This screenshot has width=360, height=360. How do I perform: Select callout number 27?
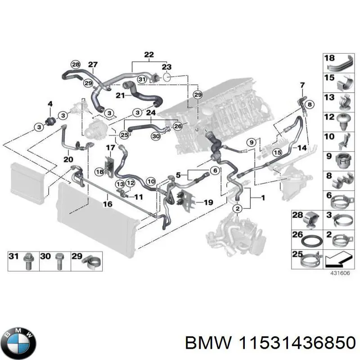click(x=93, y=65)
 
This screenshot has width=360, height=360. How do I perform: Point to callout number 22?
click(x=149, y=55)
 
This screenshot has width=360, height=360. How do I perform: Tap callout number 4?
click(x=50, y=104)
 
